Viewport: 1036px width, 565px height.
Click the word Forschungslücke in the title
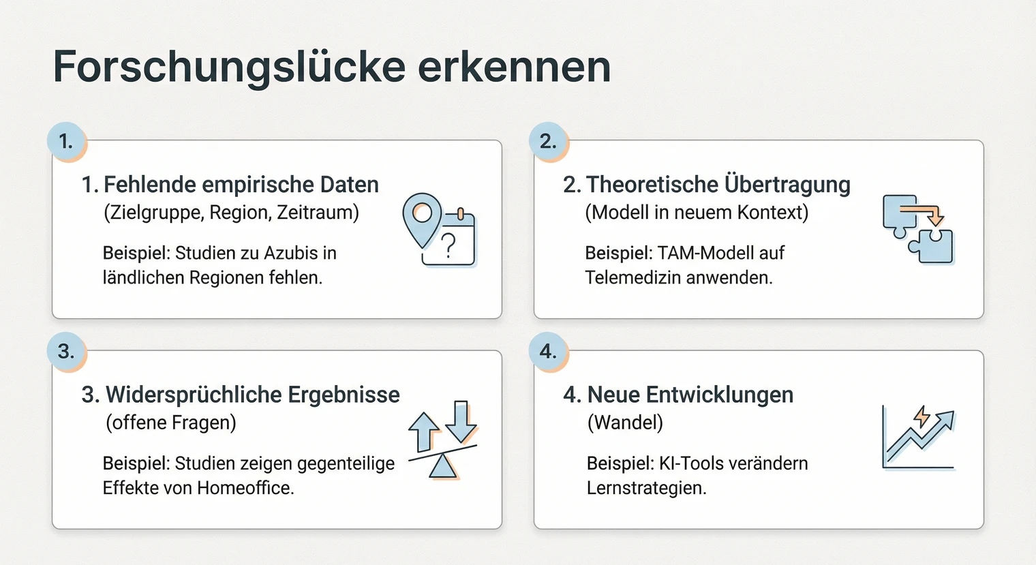[228, 67]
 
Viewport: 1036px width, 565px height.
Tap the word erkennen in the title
[514, 67]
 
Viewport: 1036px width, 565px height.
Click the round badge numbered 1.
[66, 142]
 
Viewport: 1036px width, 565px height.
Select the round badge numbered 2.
[548, 142]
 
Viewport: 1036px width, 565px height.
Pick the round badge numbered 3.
[66, 352]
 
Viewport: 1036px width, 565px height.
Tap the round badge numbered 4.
[548, 352]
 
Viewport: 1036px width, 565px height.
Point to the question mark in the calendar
[448, 245]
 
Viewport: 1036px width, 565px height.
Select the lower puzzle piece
[932, 246]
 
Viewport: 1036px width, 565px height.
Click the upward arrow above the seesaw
[424, 431]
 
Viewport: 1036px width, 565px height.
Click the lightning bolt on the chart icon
[921, 416]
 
